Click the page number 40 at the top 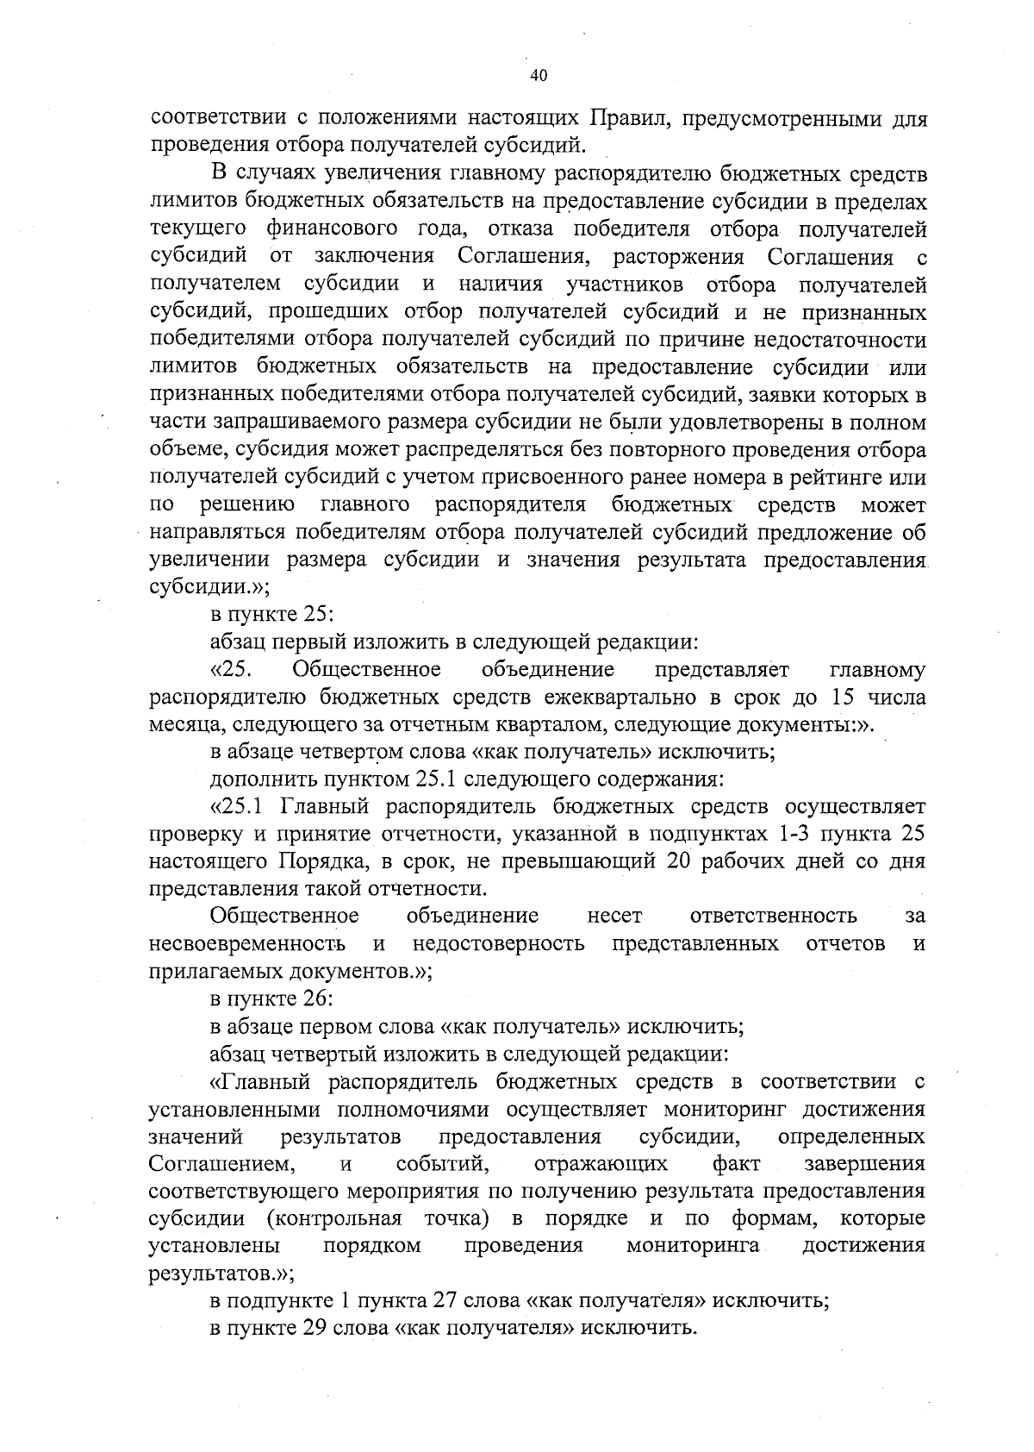(x=539, y=75)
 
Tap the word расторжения (x=676, y=257)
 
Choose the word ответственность (x=774, y=916)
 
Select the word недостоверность (x=498, y=943)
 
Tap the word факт (x=737, y=1164)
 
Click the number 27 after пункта (x=476, y=1302)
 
